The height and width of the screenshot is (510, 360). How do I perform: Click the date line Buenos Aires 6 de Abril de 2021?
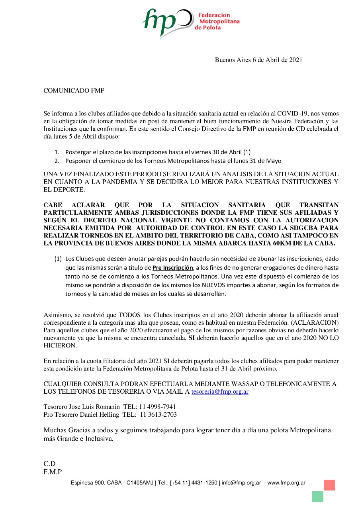pos(258,60)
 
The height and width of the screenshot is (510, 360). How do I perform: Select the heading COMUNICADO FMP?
pos(74,91)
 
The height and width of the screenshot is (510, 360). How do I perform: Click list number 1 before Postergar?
pos(57,152)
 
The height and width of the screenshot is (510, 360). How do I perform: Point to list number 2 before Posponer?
pos(57,161)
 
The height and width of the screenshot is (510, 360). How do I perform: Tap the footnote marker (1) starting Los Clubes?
pos(58,259)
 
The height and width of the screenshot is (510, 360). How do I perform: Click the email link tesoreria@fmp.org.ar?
pos(220,392)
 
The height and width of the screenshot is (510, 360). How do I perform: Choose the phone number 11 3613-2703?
pos(158,415)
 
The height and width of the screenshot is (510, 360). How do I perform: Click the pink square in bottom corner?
pos(329,485)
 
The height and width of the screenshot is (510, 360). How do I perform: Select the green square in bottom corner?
pos(317,496)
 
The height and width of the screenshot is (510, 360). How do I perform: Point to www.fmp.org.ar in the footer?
pos(286,483)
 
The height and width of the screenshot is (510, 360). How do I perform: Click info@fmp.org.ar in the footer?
pos(241,483)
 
